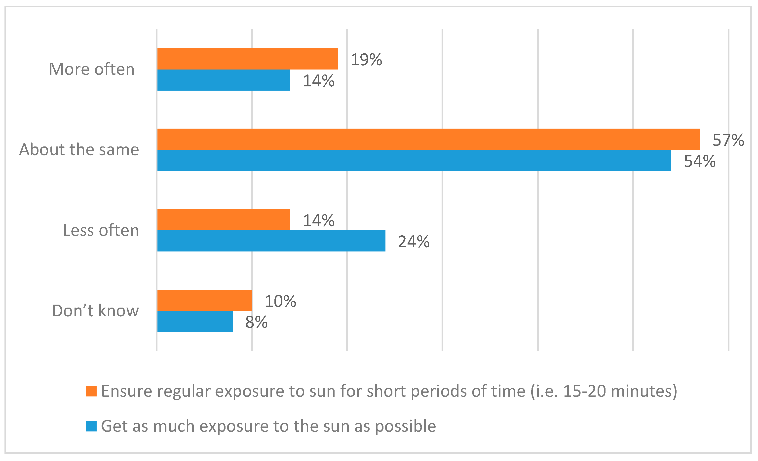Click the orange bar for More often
coord(247,59)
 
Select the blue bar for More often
coord(224,80)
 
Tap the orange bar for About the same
coord(428,139)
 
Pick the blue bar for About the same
coord(414,161)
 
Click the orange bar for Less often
coord(224,220)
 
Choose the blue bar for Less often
coord(271,241)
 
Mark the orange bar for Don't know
coord(205,300)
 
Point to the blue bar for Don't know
coord(195,321)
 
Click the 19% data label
coord(366,60)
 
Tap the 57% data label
coord(728,140)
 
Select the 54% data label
coord(700,161)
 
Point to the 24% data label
coord(414,242)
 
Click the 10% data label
coord(280,301)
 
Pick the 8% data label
coord(256,322)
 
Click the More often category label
coord(92,69)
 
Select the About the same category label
coord(79,150)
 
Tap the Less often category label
coord(101,230)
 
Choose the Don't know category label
coord(95,311)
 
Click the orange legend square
coord(91,391)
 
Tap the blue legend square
coord(91,426)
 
